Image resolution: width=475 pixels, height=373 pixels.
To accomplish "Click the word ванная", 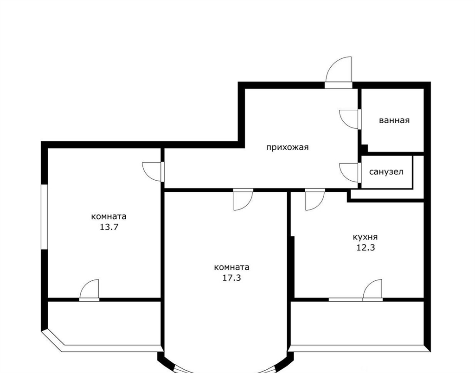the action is tap(394, 120).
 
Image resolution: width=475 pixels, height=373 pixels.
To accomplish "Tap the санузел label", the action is tap(386, 172).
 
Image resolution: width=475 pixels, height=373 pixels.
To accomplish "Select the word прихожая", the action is tap(287, 147).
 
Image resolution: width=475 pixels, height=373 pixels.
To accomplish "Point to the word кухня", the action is tap(366, 237).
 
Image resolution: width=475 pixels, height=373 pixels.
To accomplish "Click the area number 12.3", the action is tap(366, 247).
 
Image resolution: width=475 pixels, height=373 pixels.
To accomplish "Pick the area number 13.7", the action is tap(109, 227).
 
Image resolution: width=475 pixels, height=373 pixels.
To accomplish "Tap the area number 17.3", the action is tap(231, 278).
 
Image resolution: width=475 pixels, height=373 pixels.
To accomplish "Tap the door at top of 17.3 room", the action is tap(243, 199).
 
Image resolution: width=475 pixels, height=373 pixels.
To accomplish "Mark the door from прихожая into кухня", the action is tap(315, 199).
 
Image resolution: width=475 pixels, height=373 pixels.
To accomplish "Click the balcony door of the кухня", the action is tap(372, 291).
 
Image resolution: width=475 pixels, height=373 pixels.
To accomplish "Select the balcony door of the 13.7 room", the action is tap(90, 291).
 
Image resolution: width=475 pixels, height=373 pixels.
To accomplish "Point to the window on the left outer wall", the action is tap(45, 217).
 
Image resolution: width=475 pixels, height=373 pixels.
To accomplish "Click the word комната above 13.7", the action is tap(109, 216).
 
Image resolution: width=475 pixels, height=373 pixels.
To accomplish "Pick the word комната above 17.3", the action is tap(231, 267).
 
